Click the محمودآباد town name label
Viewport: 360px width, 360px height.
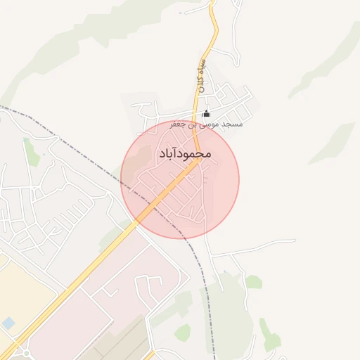pos(181,152)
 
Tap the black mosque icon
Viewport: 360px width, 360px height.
pos(206,114)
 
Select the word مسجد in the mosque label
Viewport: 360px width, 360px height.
pos(231,124)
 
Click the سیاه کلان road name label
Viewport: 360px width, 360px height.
pos(201,77)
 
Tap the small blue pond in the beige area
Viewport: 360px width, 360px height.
pos(8,323)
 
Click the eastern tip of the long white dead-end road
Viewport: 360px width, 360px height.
pos(294,241)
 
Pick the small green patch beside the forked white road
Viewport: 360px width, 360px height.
pos(253,282)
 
